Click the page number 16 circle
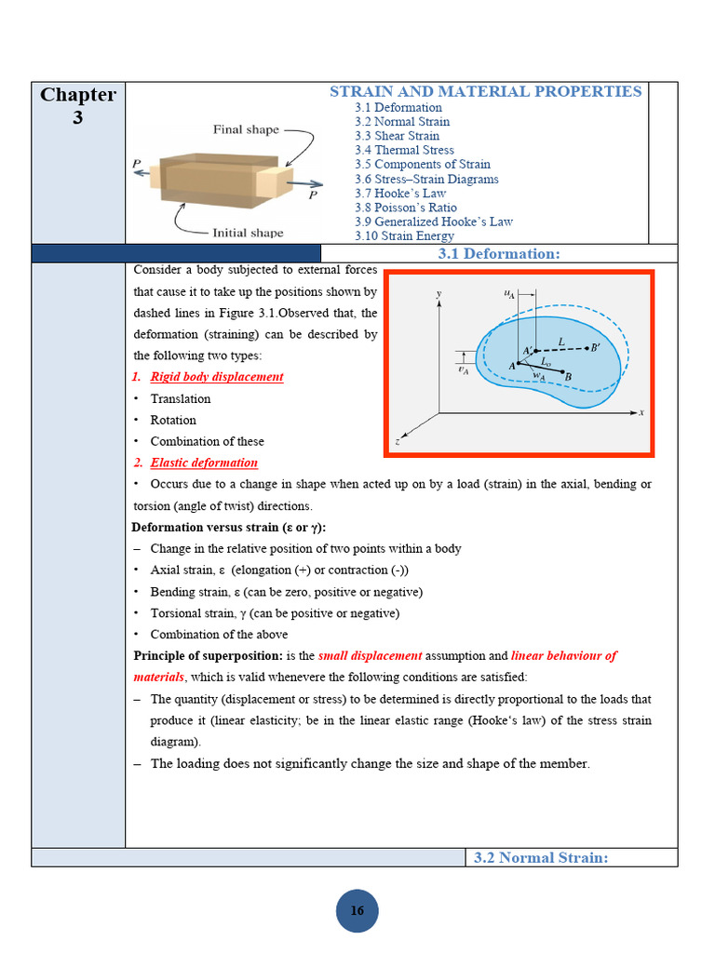(x=357, y=911)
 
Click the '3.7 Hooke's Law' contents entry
(x=400, y=194)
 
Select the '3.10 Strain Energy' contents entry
(x=404, y=236)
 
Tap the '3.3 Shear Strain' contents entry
(x=397, y=136)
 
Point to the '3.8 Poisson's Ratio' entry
(x=405, y=208)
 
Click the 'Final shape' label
(x=246, y=129)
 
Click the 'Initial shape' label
(x=248, y=233)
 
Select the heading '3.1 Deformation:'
(x=499, y=254)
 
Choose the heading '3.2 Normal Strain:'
(x=541, y=858)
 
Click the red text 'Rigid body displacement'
(x=216, y=377)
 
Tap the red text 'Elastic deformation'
(x=204, y=463)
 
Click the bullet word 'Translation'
(x=181, y=398)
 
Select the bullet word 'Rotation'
(x=173, y=420)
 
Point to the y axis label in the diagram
(x=438, y=294)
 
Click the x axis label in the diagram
(x=642, y=410)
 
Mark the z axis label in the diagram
(x=398, y=443)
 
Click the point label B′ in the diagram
(x=594, y=347)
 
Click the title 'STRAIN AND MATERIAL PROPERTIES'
(x=485, y=91)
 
